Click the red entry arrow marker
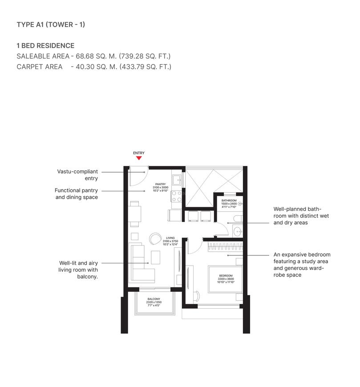(x=139, y=157)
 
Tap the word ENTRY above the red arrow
(x=139, y=153)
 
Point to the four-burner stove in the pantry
(x=177, y=196)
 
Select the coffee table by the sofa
(x=156, y=257)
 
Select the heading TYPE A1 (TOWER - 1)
(x=51, y=24)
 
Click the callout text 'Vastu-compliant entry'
(x=77, y=175)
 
